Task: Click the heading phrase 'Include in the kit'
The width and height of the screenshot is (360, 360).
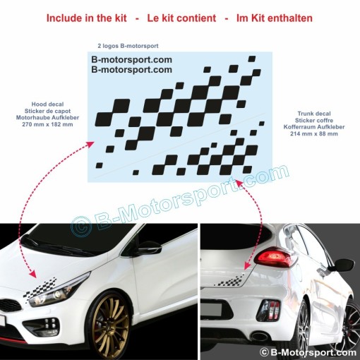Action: pos(87,18)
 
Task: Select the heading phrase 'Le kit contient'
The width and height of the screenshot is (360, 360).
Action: pos(181,18)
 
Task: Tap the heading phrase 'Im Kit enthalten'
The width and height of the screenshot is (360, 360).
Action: pos(275,18)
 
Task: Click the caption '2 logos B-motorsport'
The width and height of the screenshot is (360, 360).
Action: pos(128,46)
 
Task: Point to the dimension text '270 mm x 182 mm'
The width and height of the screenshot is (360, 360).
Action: pos(47,124)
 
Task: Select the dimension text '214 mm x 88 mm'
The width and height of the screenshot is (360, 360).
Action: pos(314,133)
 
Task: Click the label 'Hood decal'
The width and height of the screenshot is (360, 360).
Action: pos(47,104)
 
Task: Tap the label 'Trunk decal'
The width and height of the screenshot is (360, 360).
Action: pos(314,114)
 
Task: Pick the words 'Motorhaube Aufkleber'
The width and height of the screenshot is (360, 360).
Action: pos(47,117)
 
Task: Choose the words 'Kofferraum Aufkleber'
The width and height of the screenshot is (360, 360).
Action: pos(314,127)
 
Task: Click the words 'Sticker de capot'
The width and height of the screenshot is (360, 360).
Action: pos(47,111)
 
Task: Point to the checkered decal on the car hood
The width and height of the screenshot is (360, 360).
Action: pos(40,288)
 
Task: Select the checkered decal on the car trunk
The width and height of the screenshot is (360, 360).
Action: pos(231,280)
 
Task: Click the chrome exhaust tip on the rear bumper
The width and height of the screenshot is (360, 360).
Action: pos(260,336)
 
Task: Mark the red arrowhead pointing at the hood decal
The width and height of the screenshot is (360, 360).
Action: pos(33,274)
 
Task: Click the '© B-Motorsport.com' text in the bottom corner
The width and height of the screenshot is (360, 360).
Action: pos(308,352)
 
